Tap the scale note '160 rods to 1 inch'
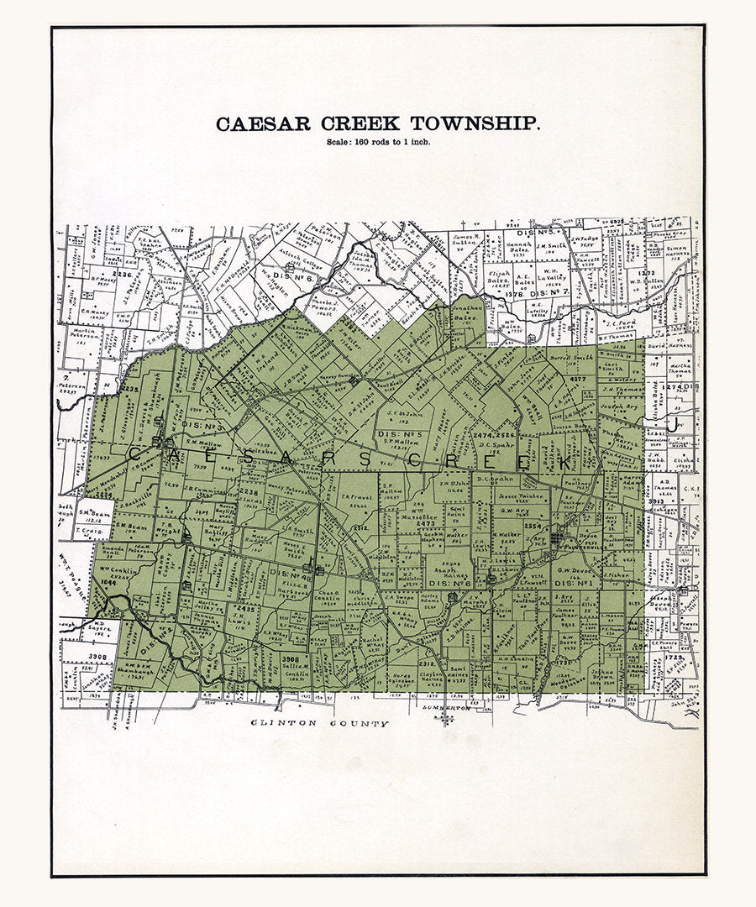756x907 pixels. pyautogui.click(x=379, y=141)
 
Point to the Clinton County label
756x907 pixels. pyautogui.click(x=321, y=723)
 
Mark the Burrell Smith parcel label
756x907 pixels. pyautogui.click(x=572, y=358)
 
